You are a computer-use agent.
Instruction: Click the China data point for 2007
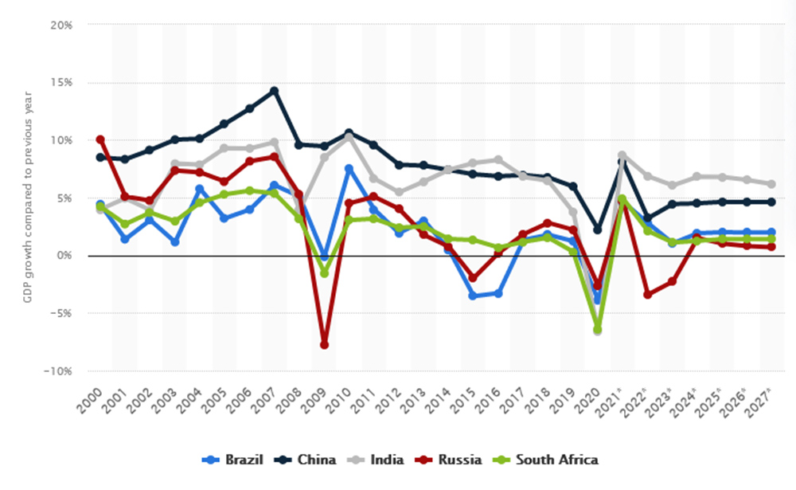coord(274,91)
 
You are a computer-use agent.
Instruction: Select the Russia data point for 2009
coord(324,344)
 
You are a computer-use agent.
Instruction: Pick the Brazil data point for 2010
coord(349,169)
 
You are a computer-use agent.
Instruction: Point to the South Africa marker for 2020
coord(597,328)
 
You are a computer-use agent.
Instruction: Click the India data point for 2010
coord(349,137)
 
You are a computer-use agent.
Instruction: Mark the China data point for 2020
coord(597,229)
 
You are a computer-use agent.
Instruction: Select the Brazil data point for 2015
coord(473,296)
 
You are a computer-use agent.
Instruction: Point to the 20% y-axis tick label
coord(61,25)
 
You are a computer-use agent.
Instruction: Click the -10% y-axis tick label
coord(58,371)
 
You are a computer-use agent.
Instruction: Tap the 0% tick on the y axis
coord(64,256)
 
